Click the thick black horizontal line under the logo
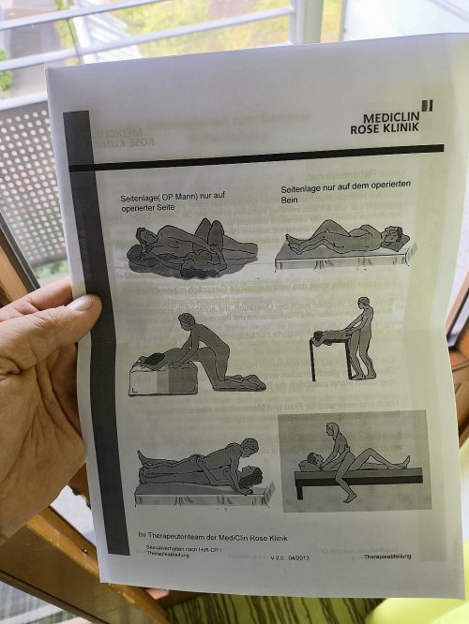coord(263,156)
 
